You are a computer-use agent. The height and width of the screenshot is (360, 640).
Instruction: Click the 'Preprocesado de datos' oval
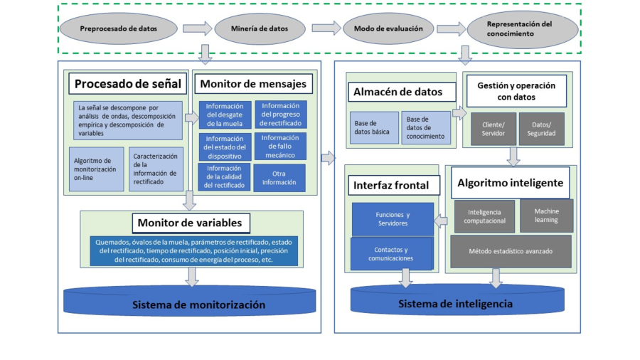point(119,29)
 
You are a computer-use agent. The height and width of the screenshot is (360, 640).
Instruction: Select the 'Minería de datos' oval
point(260,29)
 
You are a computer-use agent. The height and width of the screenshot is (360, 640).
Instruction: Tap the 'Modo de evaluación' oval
point(388,29)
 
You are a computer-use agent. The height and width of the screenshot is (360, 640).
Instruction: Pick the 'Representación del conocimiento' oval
point(519,29)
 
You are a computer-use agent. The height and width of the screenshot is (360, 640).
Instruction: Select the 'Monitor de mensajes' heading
point(253,84)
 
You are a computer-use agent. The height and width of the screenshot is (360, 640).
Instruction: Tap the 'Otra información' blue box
point(279,177)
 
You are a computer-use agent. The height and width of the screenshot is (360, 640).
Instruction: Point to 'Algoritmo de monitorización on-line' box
point(96,169)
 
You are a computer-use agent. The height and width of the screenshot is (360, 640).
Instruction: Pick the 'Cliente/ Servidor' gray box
point(492,129)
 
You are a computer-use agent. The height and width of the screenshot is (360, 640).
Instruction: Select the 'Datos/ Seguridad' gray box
point(542,129)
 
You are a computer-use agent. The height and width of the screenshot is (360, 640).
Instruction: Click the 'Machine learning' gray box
point(546,216)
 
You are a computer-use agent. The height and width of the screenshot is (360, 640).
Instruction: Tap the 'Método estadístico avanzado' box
point(511,251)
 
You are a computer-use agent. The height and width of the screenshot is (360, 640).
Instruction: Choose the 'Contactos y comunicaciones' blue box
point(390,254)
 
